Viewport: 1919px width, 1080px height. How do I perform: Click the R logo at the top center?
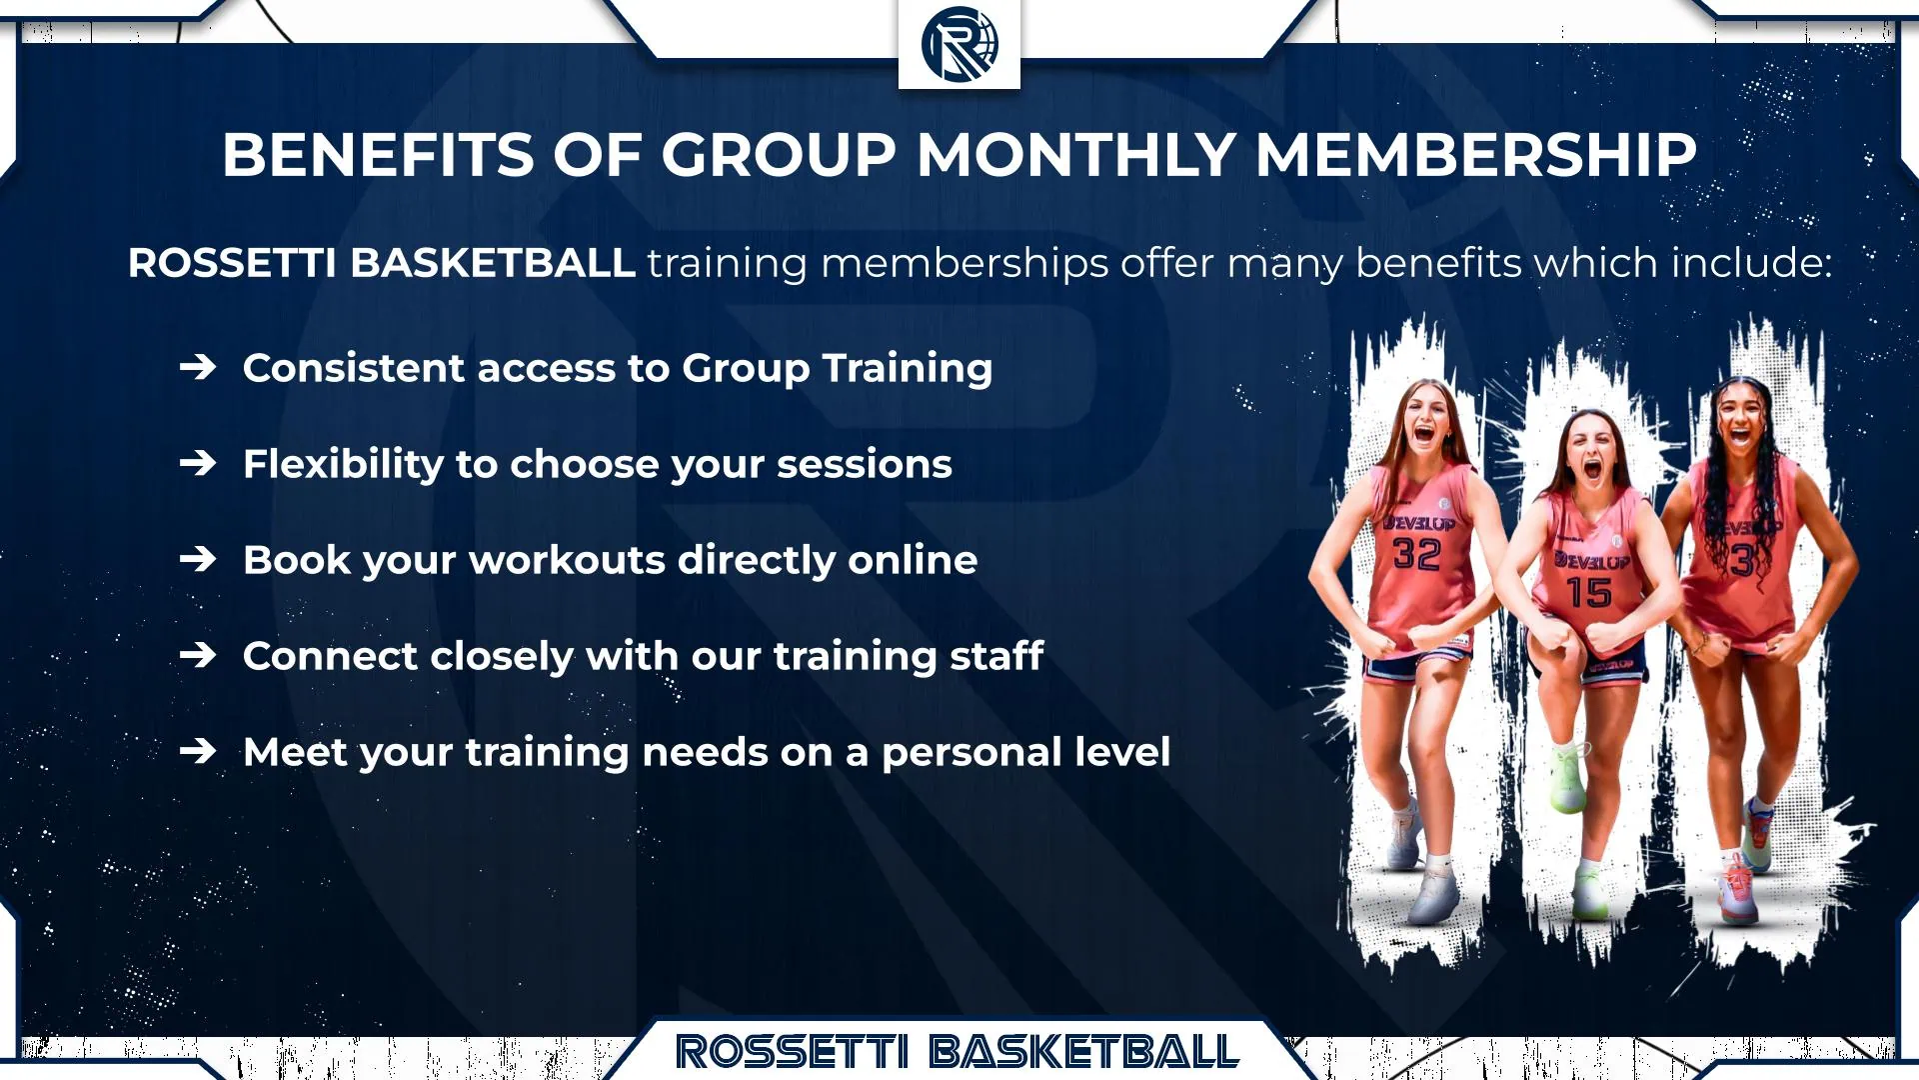tap(959, 44)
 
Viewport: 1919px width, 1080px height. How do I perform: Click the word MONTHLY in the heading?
tap(1075, 156)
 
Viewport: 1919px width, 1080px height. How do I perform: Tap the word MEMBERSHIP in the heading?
tap(1475, 156)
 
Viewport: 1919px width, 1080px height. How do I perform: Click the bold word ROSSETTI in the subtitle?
tap(232, 263)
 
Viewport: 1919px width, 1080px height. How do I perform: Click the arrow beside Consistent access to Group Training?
tap(198, 368)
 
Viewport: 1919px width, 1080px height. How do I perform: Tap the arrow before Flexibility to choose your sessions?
tap(198, 464)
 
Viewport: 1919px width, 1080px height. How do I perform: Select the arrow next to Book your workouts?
tap(198, 560)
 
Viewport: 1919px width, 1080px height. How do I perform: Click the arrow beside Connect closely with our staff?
tap(198, 656)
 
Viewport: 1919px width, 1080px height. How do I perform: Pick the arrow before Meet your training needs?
tap(198, 752)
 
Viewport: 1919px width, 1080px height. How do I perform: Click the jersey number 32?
tap(1416, 554)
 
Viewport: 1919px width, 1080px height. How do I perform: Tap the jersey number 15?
tap(1588, 593)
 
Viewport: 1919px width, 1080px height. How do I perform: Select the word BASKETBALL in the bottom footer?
tap(1083, 1052)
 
